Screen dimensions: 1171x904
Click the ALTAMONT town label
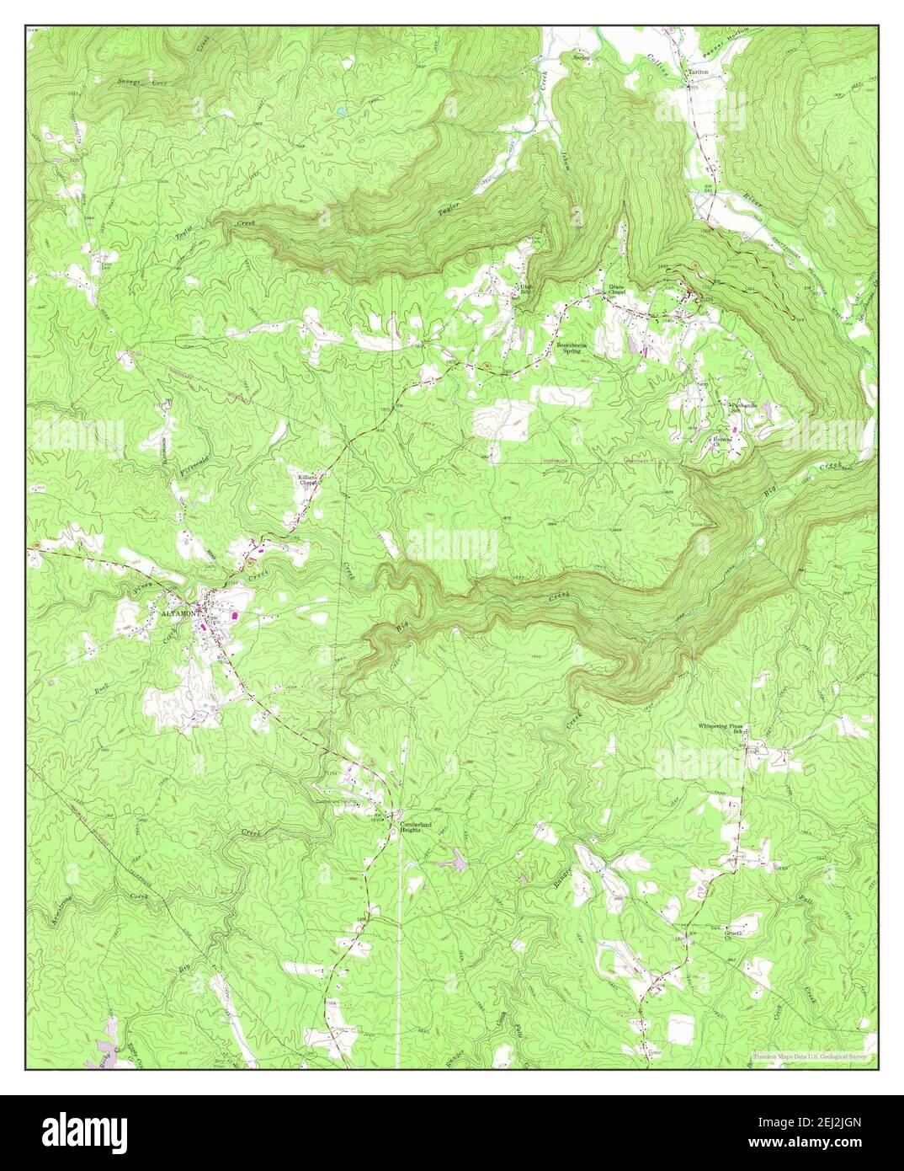pos(179,615)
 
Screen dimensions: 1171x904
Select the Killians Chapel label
pos(306,481)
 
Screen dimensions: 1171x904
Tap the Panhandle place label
pos(744,405)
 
